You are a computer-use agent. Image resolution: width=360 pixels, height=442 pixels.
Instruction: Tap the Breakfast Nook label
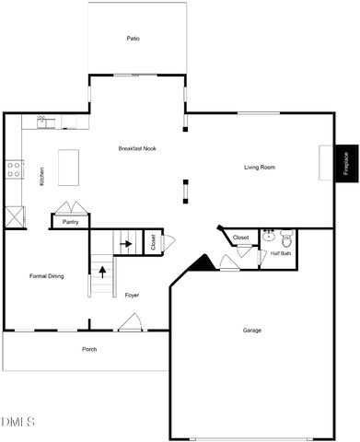click(136, 149)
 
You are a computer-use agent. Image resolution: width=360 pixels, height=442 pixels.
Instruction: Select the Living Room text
click(260, 168)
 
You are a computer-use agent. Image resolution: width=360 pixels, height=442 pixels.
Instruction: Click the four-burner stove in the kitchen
click(15, 169)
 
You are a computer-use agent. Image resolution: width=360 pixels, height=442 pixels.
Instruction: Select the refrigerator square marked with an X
click(15, 217)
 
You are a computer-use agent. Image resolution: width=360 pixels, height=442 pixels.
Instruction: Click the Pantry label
click(71, 222)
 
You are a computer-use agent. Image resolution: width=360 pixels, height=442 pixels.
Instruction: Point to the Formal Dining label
click(46, 276)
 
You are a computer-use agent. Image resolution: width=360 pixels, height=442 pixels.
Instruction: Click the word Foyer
click(132, 295)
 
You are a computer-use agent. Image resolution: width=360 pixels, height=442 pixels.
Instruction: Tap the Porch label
click(89, 349)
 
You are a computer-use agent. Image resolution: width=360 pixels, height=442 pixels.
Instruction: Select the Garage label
click(252, 330)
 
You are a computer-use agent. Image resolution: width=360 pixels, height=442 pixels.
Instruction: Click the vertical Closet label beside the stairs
click(153, 243)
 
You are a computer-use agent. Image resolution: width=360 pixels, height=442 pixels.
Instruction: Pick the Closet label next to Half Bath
click(240, 238)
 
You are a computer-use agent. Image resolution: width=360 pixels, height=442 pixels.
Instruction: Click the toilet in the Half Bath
click(286, 238)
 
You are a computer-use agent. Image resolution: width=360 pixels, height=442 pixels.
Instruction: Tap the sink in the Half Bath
click(269, 236)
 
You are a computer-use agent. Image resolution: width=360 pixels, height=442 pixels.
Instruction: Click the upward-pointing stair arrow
click(101, 271)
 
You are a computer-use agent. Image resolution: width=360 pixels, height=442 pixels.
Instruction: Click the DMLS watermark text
click(18, 422)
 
